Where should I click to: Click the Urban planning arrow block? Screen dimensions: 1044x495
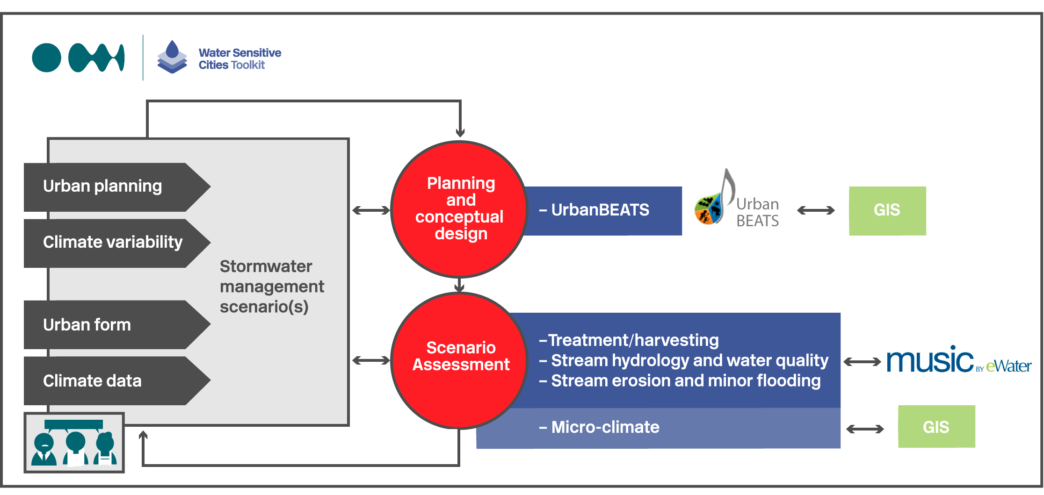117,187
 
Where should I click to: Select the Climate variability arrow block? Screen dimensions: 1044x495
117,243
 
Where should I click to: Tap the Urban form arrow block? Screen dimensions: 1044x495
117,325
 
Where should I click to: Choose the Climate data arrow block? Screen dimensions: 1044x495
117,381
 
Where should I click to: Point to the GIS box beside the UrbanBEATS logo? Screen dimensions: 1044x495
887,211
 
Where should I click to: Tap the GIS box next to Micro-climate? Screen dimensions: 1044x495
936,427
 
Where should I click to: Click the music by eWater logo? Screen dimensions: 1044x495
959,360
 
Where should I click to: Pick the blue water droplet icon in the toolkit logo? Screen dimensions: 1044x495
173,49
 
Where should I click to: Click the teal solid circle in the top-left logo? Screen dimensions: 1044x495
47,58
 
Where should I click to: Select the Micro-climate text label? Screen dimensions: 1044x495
599,427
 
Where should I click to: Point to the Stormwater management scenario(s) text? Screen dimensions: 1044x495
272,287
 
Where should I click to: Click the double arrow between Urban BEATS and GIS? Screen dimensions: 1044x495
816,210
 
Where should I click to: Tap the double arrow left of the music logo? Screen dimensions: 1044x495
862,361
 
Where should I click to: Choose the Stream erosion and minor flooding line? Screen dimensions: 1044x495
680,380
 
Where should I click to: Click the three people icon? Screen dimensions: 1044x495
74,443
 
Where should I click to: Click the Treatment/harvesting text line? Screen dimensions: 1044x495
629,340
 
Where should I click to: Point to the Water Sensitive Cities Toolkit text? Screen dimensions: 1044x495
240,59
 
